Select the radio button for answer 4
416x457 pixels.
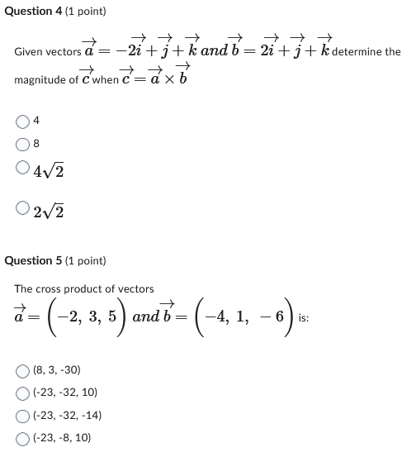21,121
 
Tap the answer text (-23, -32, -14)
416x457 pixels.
69,416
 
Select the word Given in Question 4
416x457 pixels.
30,51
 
